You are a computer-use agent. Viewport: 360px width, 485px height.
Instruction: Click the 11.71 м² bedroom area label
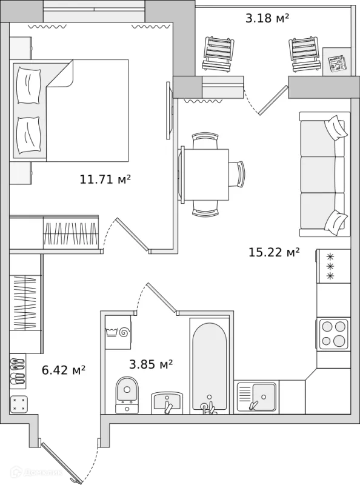point(105,179)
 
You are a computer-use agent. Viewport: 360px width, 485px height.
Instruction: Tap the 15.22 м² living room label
point(275,252)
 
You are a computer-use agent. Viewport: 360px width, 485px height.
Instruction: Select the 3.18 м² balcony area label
point(267,18)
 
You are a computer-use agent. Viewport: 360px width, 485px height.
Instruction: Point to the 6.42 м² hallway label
point(64,370)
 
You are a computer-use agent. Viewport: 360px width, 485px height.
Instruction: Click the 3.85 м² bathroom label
point(151,364)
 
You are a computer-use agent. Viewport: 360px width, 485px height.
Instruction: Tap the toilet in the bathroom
point(127,395)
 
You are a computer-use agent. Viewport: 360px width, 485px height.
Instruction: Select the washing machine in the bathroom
point(118,332)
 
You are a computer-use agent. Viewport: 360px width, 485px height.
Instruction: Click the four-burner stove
point(333,333)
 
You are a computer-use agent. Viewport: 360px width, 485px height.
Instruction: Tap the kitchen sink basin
point(264,397)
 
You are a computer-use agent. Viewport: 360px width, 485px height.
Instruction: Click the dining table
point(205,175)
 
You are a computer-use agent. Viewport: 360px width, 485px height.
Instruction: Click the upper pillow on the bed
point(29,85)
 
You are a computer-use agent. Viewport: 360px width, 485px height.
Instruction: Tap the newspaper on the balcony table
point(338,64)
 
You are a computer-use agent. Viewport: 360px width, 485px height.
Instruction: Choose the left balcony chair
point(218,55)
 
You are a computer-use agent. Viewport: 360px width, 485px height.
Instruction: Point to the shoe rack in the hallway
point(18,371)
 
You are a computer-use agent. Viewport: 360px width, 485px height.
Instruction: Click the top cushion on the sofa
point(335,128)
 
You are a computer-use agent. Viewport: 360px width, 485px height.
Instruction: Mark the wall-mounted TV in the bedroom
point(168,110)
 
